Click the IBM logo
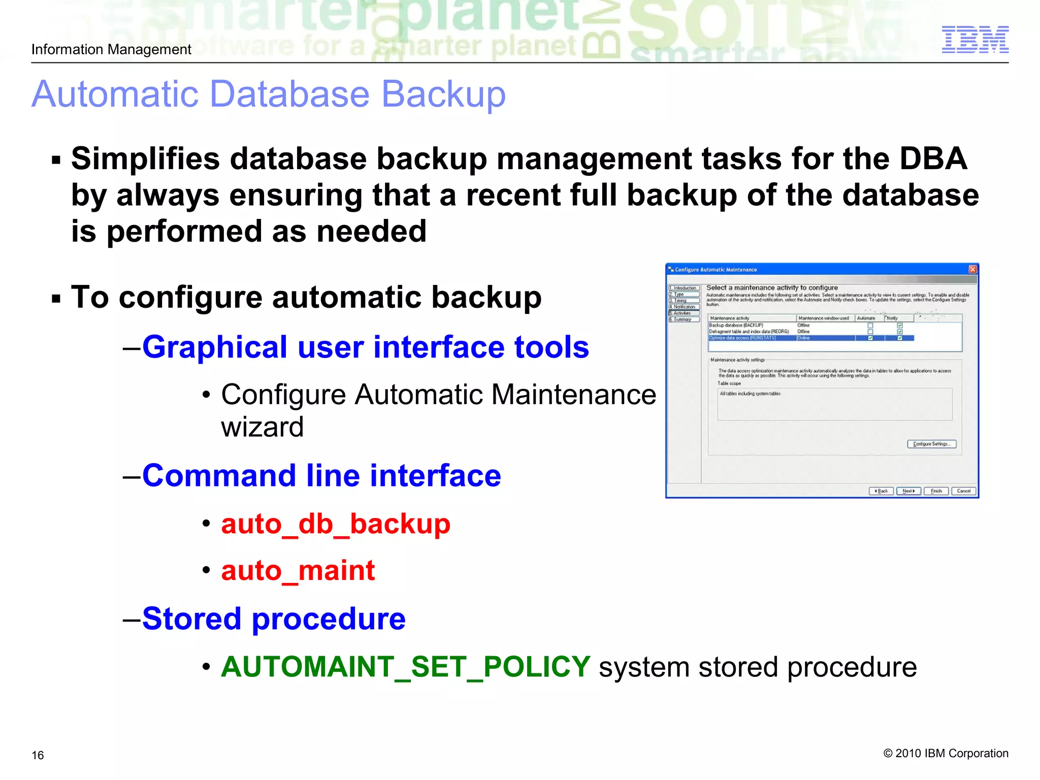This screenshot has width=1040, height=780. pyautogui.click(x=975, y=40)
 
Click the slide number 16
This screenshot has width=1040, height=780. pyautogui.click(x=38, y=755)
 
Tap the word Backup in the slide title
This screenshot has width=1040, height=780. pyautogui.click(x=443, y=94)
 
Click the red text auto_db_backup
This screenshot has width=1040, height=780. pyautogui.click(x=336, y=524)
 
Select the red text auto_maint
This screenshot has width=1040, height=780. pyautogui.click(x=298, y=570)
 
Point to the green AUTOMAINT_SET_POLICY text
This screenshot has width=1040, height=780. pyautogui.click(x=406, y=666)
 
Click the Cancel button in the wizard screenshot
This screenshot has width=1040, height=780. pyautogui.click(x=963, y=491)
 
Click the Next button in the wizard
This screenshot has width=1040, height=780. pyautogui.click(x=908, y=491)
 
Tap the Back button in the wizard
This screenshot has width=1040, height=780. pyautogui.click(x=881, y=491)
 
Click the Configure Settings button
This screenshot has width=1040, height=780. pyautogui.click(x=931, y=444)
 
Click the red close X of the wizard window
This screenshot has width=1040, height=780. pyautogui.click(x=972, y=269)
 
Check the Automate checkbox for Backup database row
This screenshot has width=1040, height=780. pyautogui.click(x=870, y=326)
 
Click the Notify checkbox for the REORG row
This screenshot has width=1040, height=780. pyautogui.click(x=900, y=332)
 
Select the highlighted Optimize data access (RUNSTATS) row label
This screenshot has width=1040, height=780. pyautogui.click(x=742, y=338)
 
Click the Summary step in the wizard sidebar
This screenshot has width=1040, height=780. pyautogui.click(x=683, y=319)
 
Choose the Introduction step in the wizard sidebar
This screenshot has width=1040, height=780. pyautogui.click(x=684, y=288)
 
